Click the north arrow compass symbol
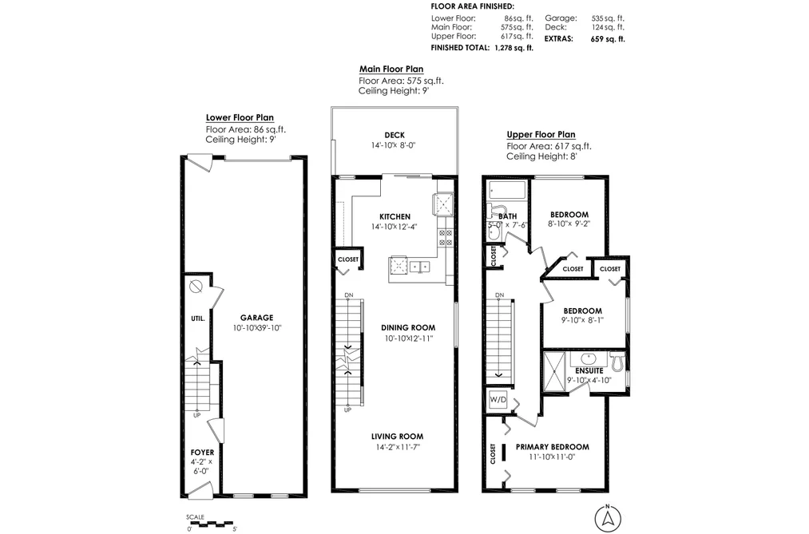click(608, 517)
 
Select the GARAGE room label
click(256, 318)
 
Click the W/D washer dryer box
click(498, 399)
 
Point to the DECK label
click(395, 135)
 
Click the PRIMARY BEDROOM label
click(552, 447)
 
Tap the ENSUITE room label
click(589, 370)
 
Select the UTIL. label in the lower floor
click(198, 318)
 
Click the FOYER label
click(202, 453)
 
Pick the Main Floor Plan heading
click(391, 69)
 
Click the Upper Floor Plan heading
click(541, 135)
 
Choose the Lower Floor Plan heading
click(240, 117)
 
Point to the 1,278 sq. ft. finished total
click(514, 48)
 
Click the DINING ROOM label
click(408, 327)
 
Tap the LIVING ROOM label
click(397, 437)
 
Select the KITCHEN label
click(395, 216)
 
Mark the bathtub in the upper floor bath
click(507, 190)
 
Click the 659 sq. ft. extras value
click(608, 38)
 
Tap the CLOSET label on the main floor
click(347, 259)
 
